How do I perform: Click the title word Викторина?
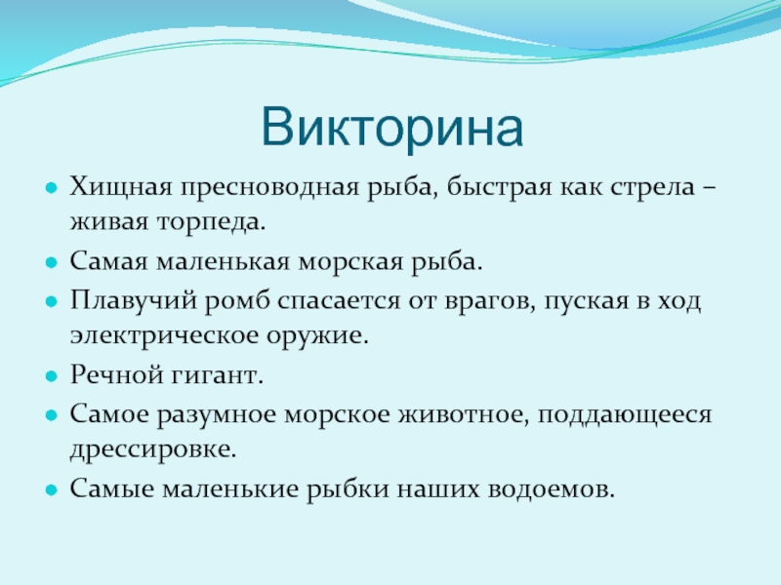[392, 128]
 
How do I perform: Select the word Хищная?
[121, 188]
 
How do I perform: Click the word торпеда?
[212, 222]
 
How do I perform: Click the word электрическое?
[165, 335]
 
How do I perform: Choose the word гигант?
[217, 375]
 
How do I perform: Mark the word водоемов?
[552, 488]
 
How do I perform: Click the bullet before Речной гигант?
[52, 376]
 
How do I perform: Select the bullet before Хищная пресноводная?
[52, 188]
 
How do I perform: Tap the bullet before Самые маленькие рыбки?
[52, 490]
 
